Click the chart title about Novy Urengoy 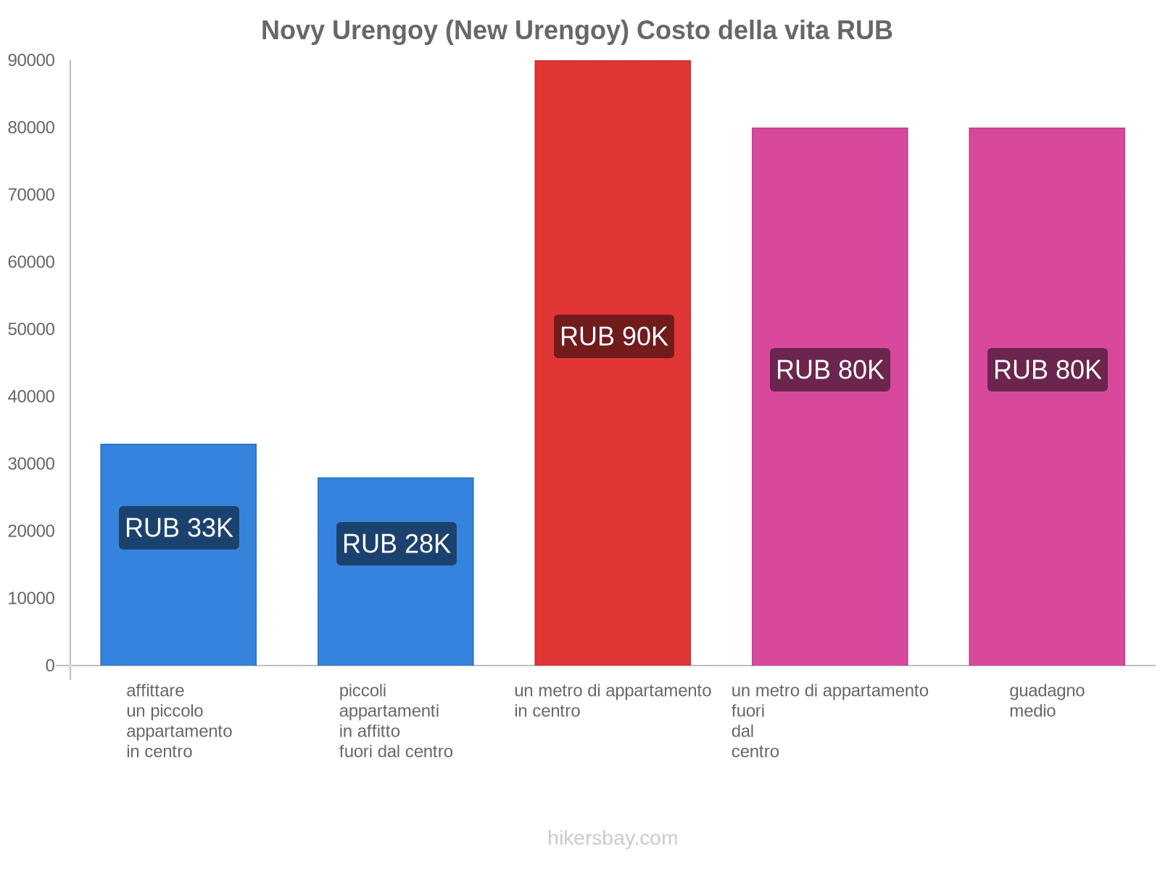coord(576,30)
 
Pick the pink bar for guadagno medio coord(1047,507)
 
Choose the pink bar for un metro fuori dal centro coord(829,507)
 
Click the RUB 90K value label coord(614,336)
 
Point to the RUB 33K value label coord(179,528)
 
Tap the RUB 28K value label coord(397,544)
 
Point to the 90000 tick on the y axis coord(31,61)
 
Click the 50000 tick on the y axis coord(31,330)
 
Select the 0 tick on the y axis coord(50,666)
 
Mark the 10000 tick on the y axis coord(31,599)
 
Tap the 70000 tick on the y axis coord(31,195)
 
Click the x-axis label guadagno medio coord(1047,700)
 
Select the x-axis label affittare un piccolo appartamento coord(178,721)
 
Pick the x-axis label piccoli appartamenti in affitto coord(396,721)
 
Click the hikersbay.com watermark coord(613,838)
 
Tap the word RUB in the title coord(864,30)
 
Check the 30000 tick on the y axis coord(31,464)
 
